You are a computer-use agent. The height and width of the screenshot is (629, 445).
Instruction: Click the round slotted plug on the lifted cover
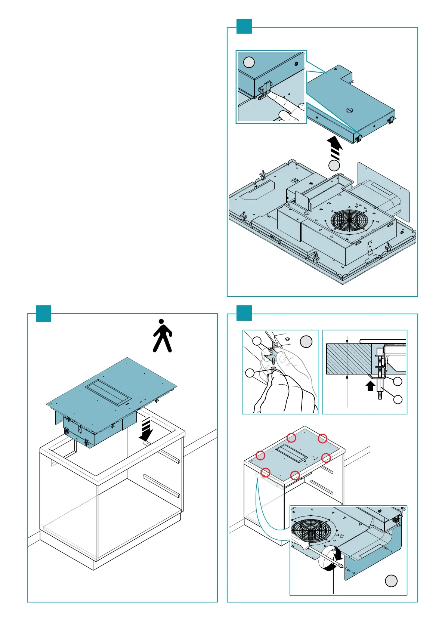click(x=350, y=110)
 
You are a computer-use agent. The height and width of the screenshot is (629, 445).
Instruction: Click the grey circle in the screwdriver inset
click(x=391, y=581)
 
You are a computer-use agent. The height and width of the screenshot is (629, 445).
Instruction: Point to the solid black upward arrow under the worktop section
click(x=370, y=386)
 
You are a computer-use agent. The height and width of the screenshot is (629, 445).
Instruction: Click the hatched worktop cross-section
click(x=349, y=359)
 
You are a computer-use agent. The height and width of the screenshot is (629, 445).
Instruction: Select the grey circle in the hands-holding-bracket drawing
click(x=306, y=342)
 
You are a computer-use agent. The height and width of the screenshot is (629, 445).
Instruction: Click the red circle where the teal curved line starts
click(x=265, y=472)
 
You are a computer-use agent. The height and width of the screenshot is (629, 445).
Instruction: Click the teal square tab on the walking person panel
click(x=43, y=314)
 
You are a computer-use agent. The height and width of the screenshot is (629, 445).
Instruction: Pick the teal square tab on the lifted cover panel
click(x=244, y=26)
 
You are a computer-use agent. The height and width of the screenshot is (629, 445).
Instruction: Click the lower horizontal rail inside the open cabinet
click(x=161, y=485)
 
